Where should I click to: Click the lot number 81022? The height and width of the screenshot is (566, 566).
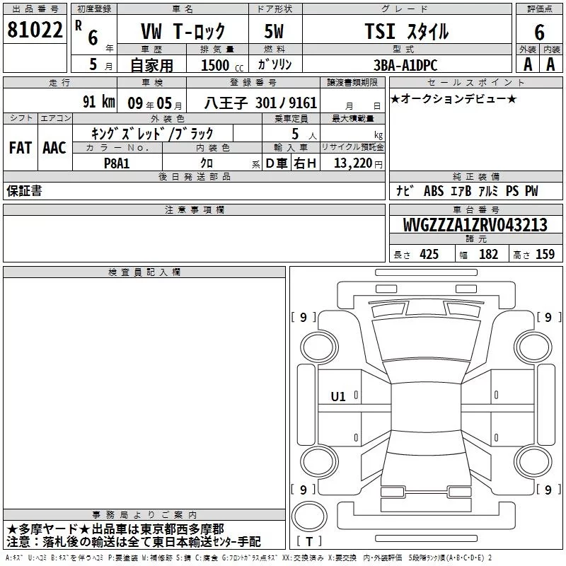point(35,30)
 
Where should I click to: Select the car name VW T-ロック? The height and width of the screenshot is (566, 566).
point(183,31)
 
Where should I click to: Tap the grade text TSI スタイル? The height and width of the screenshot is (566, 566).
point(407,31)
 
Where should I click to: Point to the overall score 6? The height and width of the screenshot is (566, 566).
point(539,33)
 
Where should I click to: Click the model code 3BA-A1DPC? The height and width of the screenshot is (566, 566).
point(405,65)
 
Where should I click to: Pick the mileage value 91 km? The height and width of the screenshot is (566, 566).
point(99,102)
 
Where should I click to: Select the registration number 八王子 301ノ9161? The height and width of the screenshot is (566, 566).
point(260,103)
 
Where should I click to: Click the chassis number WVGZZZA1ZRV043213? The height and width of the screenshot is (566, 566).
point(475,225)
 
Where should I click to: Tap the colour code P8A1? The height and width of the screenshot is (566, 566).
point(117,163)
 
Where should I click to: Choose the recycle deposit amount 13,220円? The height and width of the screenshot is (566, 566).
point(358,163)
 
